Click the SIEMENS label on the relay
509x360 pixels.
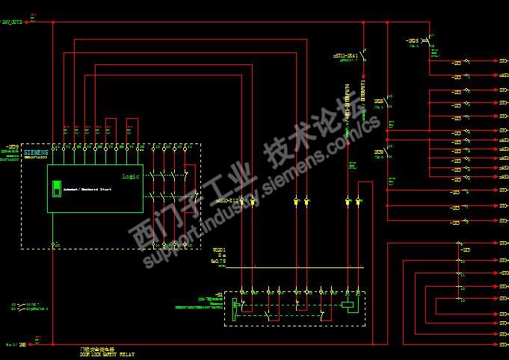(36, 152)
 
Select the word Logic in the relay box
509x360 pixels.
(131, 176)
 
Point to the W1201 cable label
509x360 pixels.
(219, 251)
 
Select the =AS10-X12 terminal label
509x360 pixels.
(227, 201)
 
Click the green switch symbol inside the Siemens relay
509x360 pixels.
(56, 188)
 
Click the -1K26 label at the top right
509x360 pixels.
(413, 40)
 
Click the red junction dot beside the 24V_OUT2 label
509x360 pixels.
(28, 22)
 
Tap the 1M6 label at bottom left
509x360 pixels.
(23, 344)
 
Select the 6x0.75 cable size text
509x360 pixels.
(218, 262)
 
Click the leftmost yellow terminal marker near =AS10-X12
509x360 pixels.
(244, 201)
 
